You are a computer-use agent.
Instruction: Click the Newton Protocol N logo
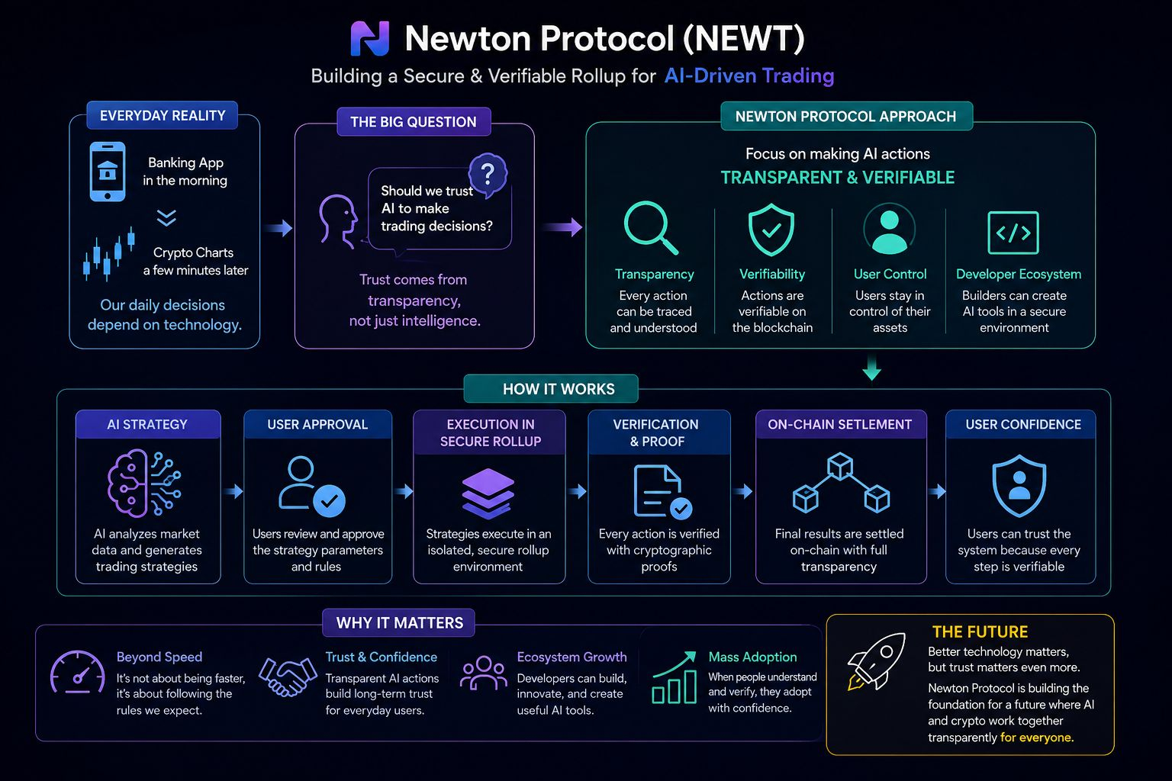[x=370, y=38]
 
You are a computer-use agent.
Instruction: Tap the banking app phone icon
[x=108, y=172]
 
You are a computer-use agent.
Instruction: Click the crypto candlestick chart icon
[x=109, y=254]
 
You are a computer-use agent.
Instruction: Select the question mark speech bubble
[x=488, y=173]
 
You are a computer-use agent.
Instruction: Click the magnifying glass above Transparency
[x=650, y=227]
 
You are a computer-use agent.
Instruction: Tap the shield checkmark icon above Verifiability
[x=771, y=230]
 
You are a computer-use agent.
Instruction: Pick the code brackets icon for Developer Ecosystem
[x=1013, y=233]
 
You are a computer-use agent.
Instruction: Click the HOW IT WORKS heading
[x=559, y=389]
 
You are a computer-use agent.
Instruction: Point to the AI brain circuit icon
[x=144, y=484]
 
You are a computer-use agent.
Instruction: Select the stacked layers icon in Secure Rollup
[x=488, y=493]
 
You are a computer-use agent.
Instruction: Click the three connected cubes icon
[x=841, y=483]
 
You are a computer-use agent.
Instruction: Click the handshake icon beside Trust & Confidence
[x=288, y=677]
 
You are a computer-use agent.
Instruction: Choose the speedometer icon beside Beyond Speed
[x=77, y=672]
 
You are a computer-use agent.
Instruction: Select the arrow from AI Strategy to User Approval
[x=233, y=491]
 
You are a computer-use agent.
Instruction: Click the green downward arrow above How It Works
[x=871, y=368]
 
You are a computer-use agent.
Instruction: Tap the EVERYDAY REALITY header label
[x=163, y=116]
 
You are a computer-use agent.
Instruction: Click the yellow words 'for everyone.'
[x=1036, y=738]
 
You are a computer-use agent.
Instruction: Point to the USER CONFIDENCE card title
[x=1023, y=424]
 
